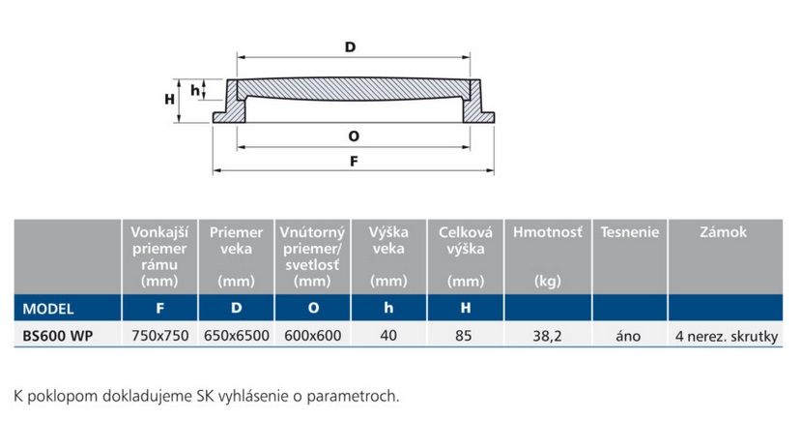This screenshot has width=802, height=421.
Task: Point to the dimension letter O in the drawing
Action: click(354, 136)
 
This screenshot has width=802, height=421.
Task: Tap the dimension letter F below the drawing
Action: click(354, 163)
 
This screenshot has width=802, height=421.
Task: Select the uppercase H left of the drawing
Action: click(168, 99)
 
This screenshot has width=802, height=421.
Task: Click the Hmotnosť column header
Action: click(547, 232)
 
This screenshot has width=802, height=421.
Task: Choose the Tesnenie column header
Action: click(629, 232)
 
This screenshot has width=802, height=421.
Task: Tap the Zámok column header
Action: click(723, 232)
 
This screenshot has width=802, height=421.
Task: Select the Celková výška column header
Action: click(466, 241)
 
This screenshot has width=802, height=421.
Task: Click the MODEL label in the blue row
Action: click(48, 310)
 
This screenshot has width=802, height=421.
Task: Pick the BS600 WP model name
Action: click(58, 337)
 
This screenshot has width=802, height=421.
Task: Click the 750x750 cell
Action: click(160, 337)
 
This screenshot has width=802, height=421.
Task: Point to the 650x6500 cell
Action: click(237, 337)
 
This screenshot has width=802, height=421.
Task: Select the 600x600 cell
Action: click(312, 337)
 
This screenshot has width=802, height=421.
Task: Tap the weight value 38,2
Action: click(547, 337)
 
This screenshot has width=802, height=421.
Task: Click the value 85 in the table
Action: click(466, 337)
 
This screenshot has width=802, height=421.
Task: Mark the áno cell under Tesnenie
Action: click(629, 337)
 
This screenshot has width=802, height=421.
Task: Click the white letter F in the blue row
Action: click(160, 310)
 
